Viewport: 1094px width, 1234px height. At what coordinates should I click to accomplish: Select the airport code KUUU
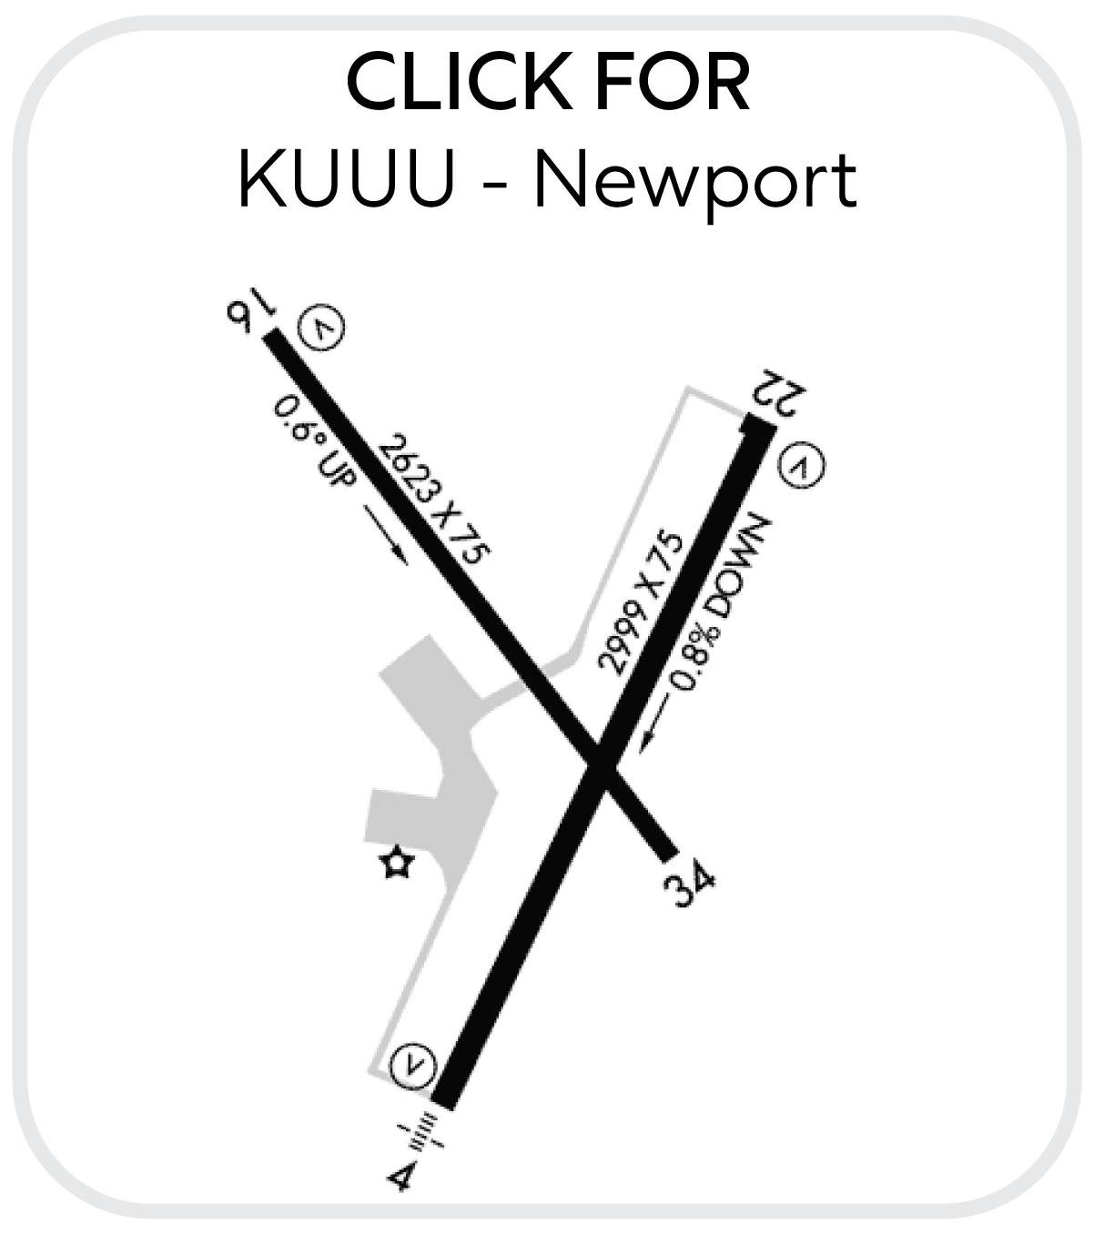346,179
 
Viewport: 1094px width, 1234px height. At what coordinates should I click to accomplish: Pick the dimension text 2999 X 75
640,603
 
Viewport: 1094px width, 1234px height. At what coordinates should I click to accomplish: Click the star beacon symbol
397,863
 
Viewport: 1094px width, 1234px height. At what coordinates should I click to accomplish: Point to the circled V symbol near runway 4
413,1064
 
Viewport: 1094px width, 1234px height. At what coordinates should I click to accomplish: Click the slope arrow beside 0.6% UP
386,535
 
